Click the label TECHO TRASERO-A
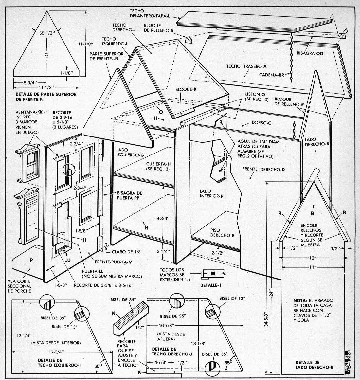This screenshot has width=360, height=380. tap(243, 66)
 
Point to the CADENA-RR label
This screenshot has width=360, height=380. tap(272, 74)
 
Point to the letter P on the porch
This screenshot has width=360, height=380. tap(31, 260)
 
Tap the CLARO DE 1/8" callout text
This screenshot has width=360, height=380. tap(125, 252)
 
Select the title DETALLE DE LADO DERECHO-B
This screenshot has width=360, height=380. tap(314, 365)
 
